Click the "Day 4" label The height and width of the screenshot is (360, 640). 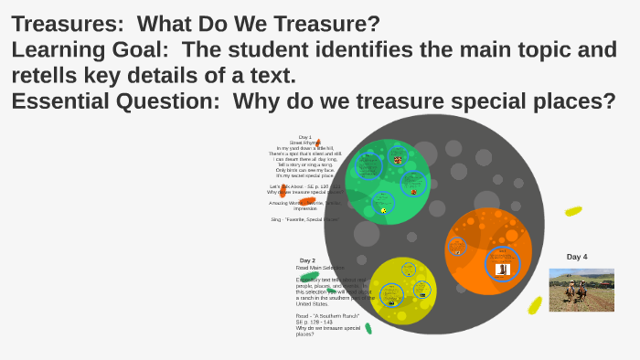[577, 257]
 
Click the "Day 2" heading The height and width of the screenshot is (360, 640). [307, 260]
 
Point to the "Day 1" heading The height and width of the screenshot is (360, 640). [304, 137]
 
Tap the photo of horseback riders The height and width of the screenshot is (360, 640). [581, 290]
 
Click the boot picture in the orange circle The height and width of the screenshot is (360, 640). [501, 269]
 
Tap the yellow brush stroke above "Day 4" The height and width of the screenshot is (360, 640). [573, 211]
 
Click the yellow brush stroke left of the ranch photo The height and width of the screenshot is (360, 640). [536, 304]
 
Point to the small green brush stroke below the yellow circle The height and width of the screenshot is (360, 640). [368, 328]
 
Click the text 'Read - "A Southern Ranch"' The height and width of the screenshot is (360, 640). [327, 315]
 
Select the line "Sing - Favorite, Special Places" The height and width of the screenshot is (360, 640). [304, 219]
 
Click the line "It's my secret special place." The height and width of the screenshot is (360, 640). [304, 175]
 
